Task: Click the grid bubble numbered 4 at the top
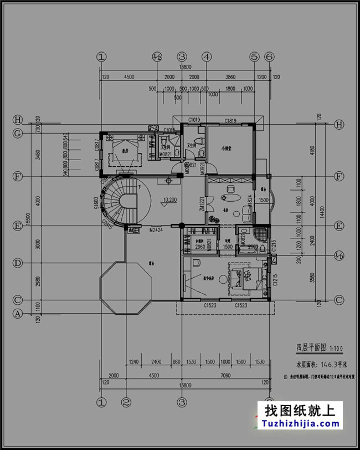point(206,57)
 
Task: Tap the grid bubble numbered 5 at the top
point(254,57)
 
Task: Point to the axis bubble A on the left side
point(18,314)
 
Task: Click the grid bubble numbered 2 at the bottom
point(126,402)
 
